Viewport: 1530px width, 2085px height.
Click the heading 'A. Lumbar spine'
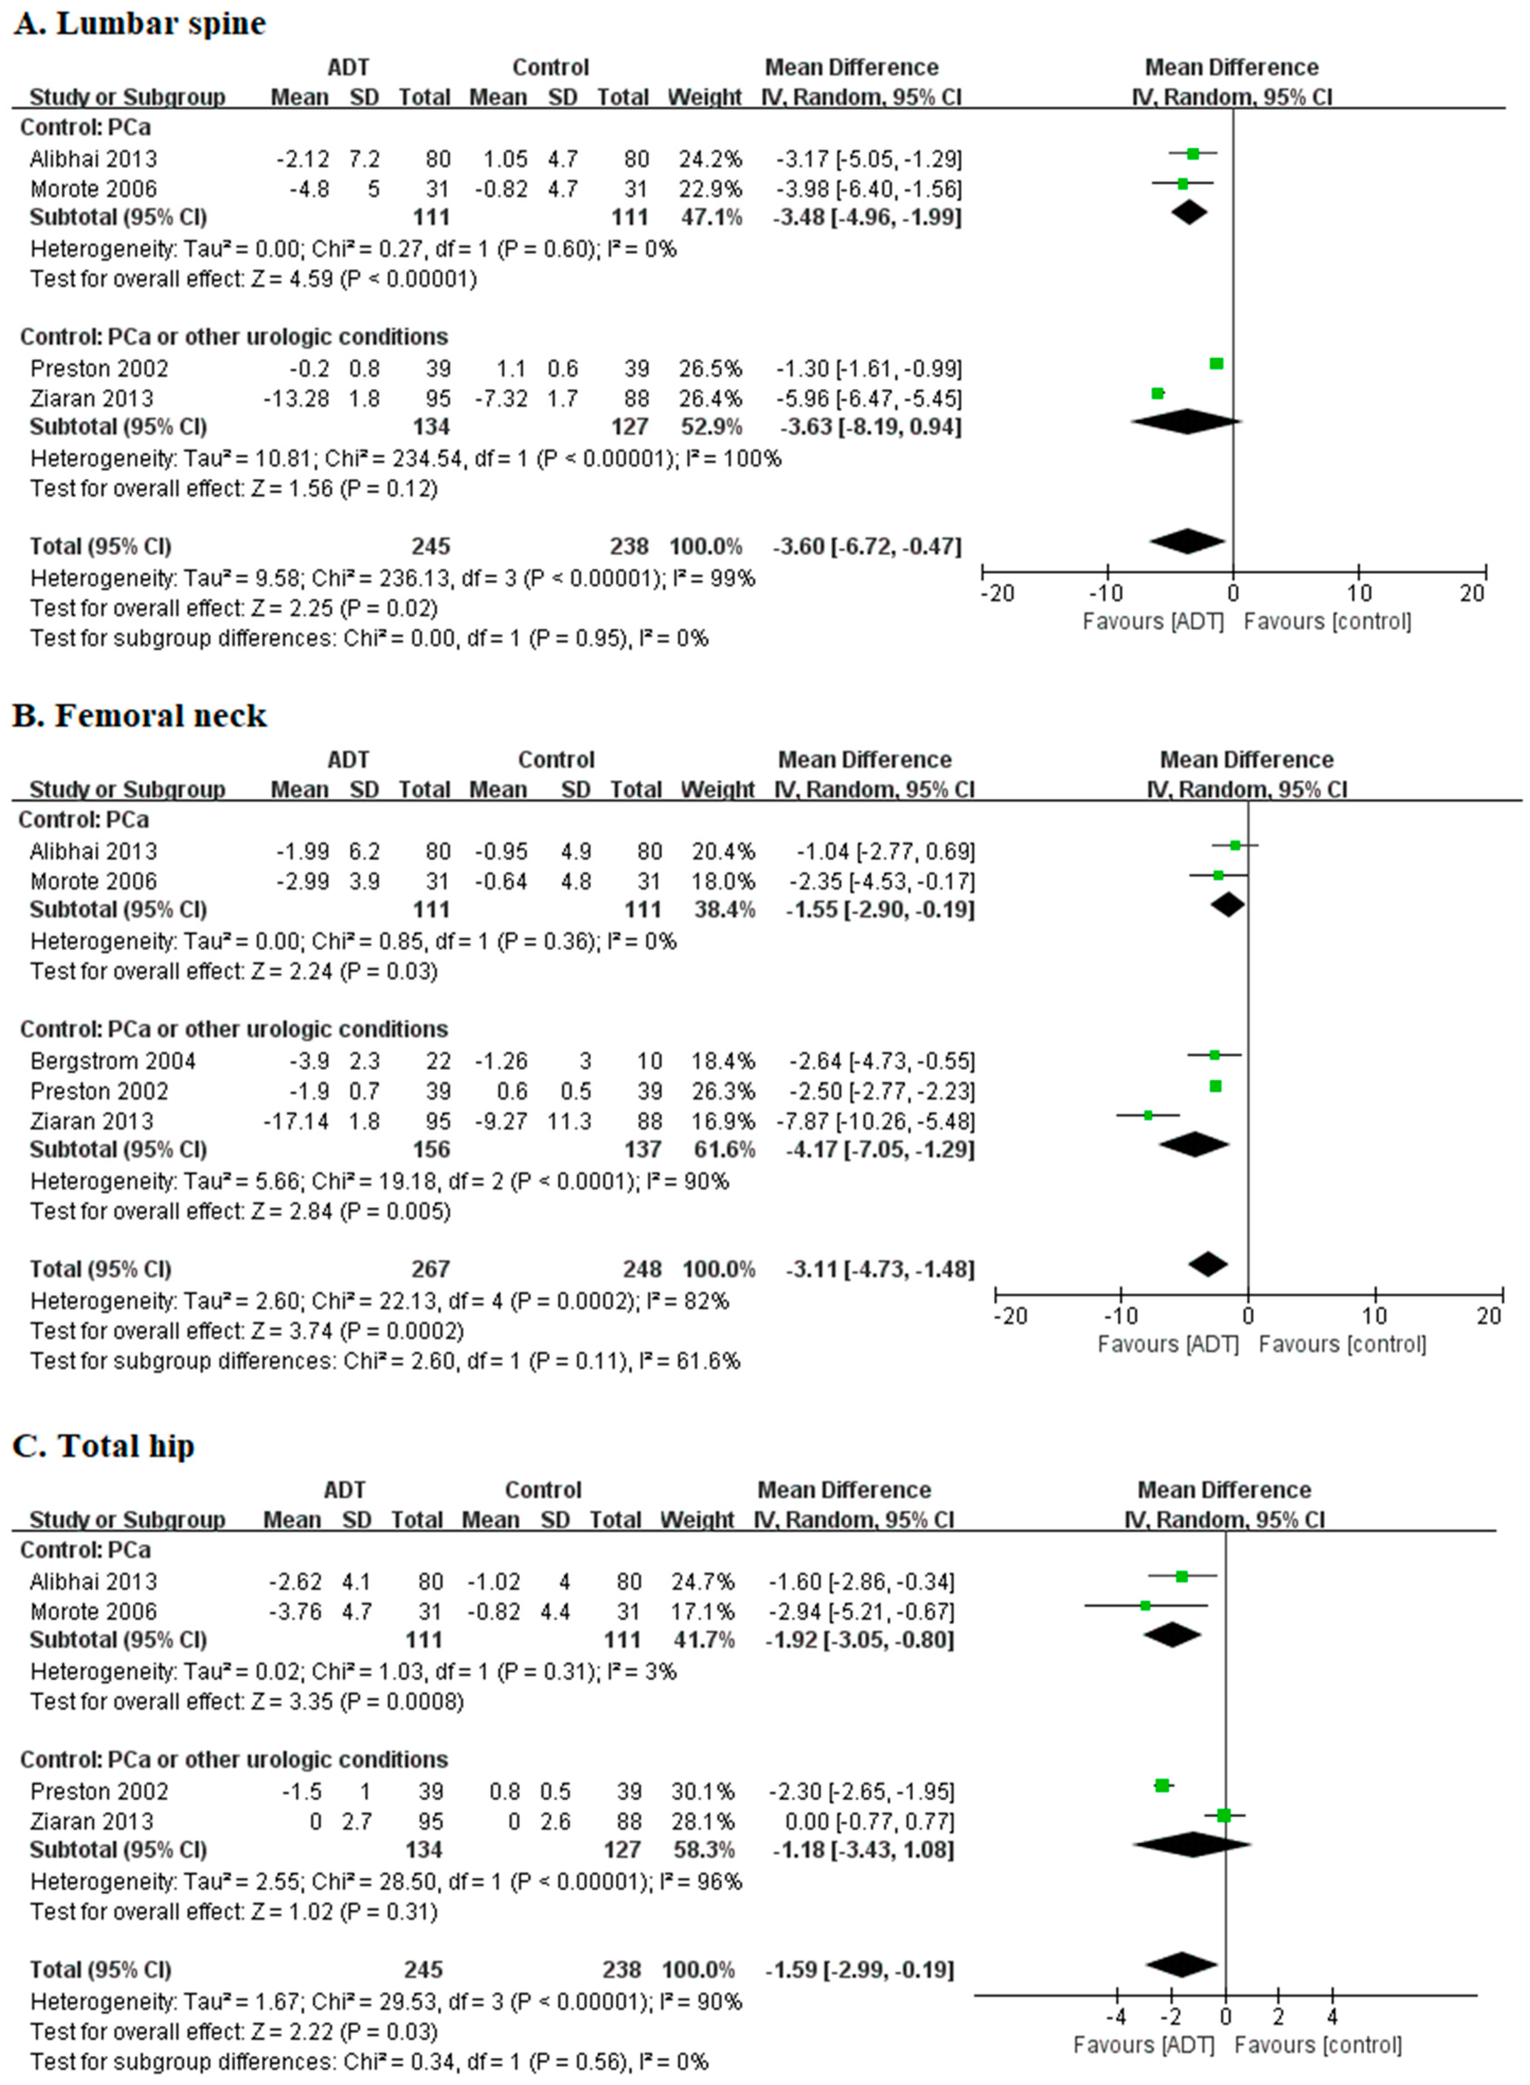point(139,23)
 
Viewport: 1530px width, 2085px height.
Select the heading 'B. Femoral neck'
point(139,716)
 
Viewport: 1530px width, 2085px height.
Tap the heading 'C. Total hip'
point(104,1446)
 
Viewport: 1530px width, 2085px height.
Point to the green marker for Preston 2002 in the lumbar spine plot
point(1217,364)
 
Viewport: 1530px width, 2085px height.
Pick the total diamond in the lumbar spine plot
point(1188,541)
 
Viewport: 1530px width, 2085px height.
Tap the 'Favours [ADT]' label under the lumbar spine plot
point(1153,621)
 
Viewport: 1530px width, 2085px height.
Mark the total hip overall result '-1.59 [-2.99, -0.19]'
point(859,1969)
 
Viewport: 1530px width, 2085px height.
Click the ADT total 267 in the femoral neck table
point(431,1269)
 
